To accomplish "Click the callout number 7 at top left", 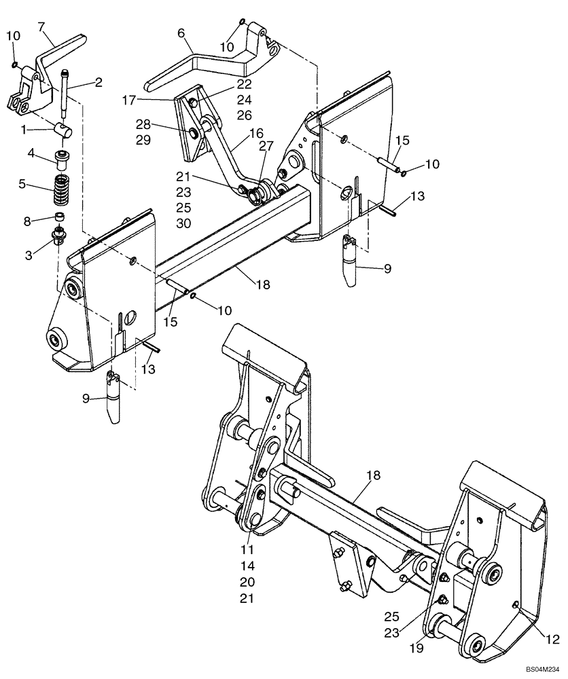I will (41, 27).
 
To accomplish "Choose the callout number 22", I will (244, 84).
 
